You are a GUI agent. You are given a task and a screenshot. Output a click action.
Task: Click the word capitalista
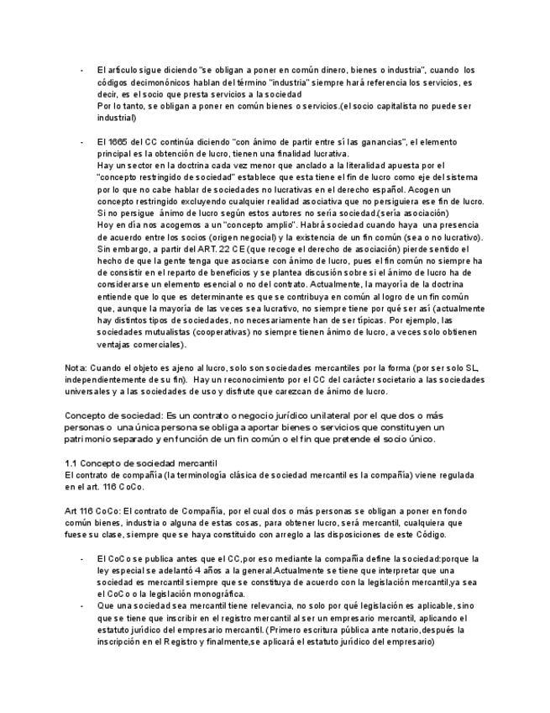395,107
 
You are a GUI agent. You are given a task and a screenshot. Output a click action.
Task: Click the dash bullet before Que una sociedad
81,605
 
